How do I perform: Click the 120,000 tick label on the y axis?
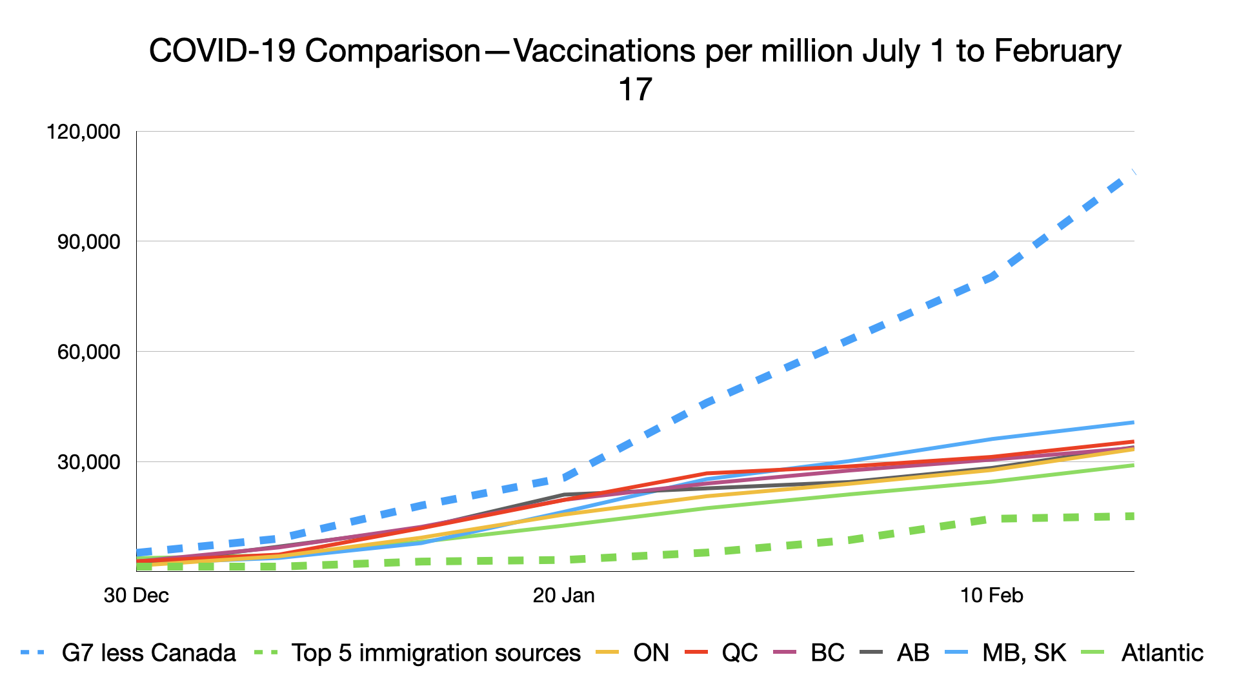(83, 132)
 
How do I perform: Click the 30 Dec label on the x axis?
(136, 595)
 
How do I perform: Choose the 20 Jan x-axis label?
(564, 595)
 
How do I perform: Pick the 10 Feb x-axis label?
(992, 595)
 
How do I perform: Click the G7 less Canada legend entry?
(148, 653)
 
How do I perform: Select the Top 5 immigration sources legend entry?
(436, 653)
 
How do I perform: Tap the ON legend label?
(651, 653)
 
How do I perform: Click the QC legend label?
(740, 653)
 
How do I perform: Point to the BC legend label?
(827, 653)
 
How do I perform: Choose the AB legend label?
(913, 653)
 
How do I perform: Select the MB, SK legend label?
(1024, 653)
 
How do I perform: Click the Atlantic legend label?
(1162, 653)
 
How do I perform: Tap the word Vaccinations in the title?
(604, 51)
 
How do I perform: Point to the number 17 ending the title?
(636, 90)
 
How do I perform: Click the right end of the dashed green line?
(1133, 516)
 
